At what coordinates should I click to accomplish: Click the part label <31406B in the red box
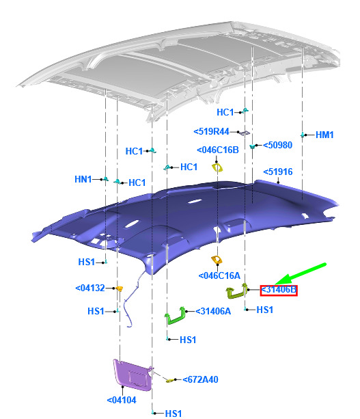(x=279, y=290)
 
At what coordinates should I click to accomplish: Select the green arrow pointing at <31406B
(x=300, y=274)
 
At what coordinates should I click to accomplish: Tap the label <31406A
(x=213, y=311)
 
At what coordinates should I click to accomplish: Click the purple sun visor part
(x=133, y=375)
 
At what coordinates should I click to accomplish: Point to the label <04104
(x=122, y=400)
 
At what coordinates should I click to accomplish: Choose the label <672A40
(x=200, y=379)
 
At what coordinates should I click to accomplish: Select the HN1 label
(x=83, y=179)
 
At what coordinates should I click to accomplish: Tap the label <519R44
(x=211, y=131)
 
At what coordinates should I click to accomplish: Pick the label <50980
(x=278, y=145)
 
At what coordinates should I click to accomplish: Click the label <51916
(x=278, y=172)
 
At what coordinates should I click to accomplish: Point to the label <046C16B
(x=218, y=150)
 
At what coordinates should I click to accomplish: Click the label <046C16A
(x=219, y=275)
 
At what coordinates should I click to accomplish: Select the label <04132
(x=90, y=288)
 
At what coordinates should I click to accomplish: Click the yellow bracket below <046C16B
(x=217, y=167)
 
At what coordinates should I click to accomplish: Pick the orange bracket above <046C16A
(x=217, y=259)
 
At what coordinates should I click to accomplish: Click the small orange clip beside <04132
(x=120, y=288)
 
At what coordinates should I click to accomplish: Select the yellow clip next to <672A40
(x=169, y=380)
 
